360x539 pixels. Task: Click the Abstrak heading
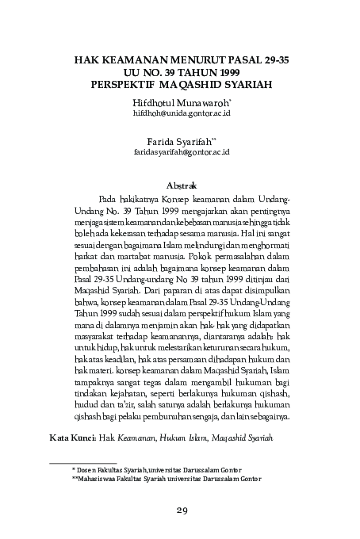[180, 183]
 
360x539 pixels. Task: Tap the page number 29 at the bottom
[180, 510]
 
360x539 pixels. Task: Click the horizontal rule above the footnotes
[82, 461]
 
